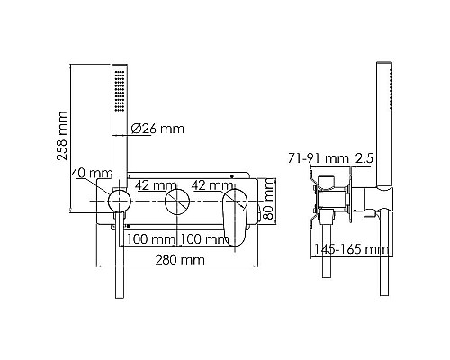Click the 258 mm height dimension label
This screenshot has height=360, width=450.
point(62,136)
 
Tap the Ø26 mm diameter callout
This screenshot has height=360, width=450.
point(157,129)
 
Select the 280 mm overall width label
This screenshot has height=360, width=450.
point(180,260)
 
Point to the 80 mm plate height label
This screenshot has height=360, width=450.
point(269,199)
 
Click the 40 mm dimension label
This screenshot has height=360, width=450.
point(92,173)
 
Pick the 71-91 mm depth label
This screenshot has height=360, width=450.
point(319,158)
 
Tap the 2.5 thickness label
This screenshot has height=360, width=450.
point(364,158)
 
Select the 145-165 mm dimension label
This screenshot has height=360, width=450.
point(351,249)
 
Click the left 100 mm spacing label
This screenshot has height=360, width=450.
point(151,239)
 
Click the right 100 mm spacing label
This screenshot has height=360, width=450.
point(205,239)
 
